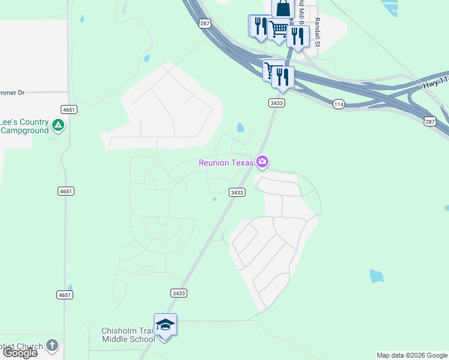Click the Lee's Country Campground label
coord(24,125)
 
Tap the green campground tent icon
coord(58,125)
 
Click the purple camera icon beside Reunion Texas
coord(262,161)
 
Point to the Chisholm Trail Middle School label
coord(128,334)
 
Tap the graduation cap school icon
coord(165,325)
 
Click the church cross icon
coord(52,346)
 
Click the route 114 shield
coord(339,104)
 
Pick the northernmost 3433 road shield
coord(276,103)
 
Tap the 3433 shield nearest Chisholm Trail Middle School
coord(178,293)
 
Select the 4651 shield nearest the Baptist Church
coord(65,295)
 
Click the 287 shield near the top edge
coord(205,23)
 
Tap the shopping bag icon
coord(283,8)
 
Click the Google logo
coord(20,353)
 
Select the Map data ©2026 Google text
coord(412,355)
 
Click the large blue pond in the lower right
coord(376,276)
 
